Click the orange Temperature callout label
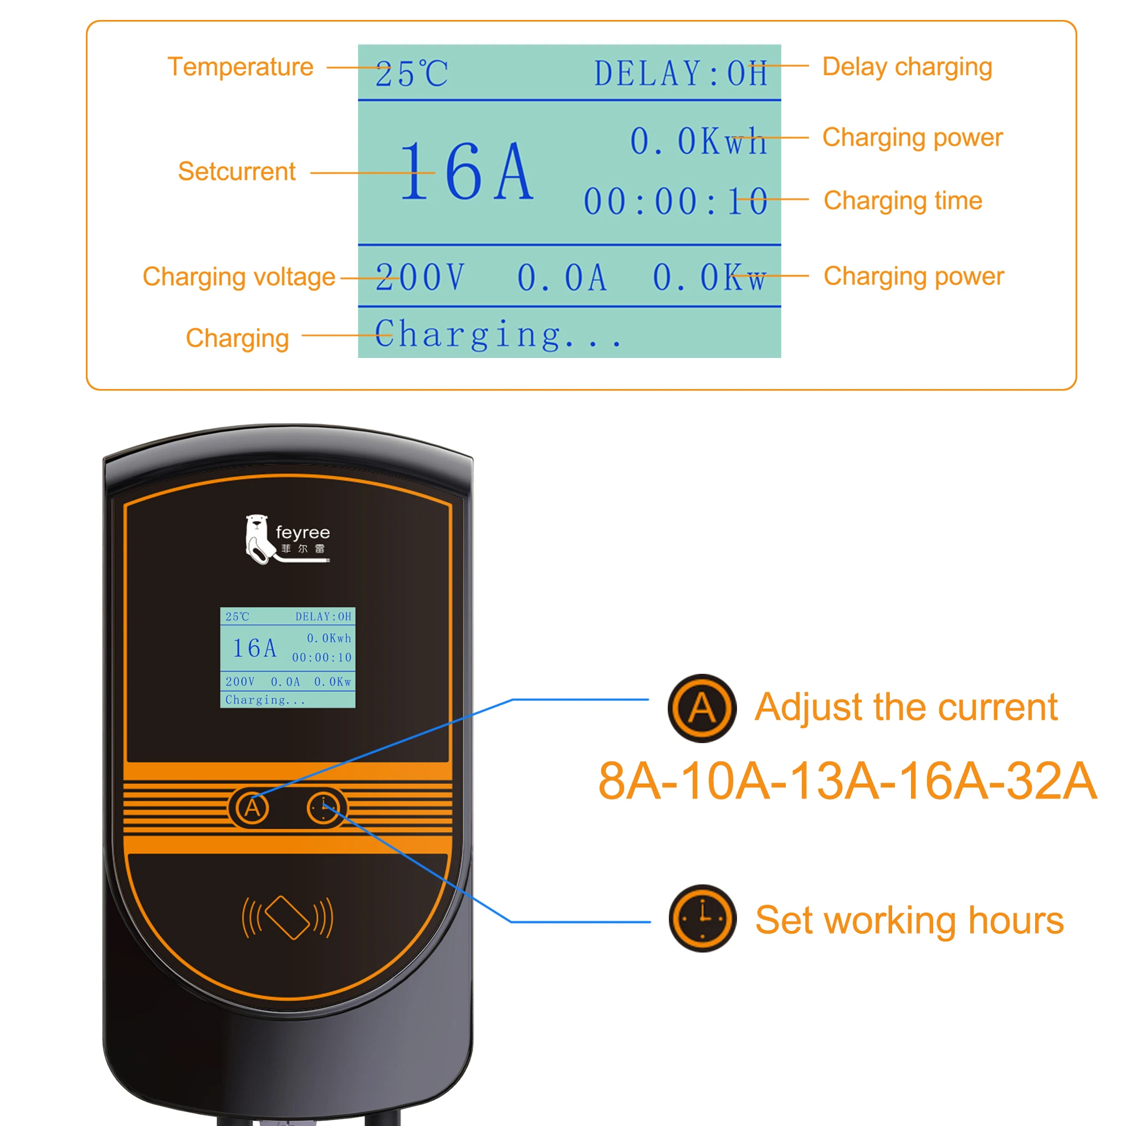[x=240, y=67]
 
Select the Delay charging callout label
[x=907, y=67]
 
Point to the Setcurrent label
[x=237, y=171]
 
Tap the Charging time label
[x=903, y=201]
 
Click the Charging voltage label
[x=239, y=277]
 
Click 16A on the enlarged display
[x=466, y=172]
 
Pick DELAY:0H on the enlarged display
[x=680, y=74]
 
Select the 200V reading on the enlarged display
[x=419, y=278]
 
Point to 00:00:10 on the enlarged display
[x=675, y=202]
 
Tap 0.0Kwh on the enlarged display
[x=698, y=142]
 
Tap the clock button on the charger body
[x=324, y=808]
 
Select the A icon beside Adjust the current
[x=702, y=708]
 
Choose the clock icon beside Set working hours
[x=702, y=919]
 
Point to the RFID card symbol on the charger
[x=288, y=917]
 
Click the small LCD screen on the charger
[x=288, y=657]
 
